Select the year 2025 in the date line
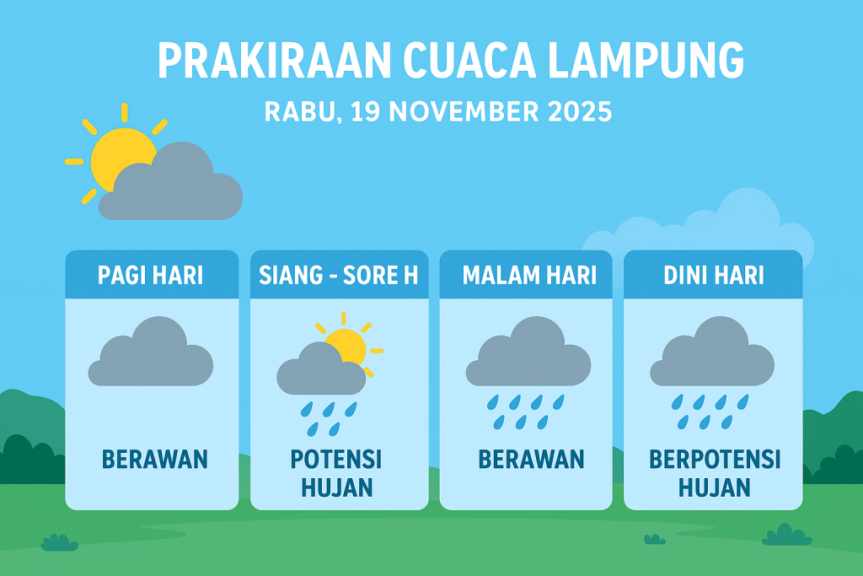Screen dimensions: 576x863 pyautogui.click(x=571, y=111)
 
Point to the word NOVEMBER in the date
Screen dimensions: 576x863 pyautogui.click(x=446, y=111)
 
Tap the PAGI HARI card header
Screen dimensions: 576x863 pyautogui.click(x=151, y=276)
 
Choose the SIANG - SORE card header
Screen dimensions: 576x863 pyautogui.click(x=339, y=276)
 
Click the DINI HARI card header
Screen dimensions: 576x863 pyautogui.click(x=714, y=276)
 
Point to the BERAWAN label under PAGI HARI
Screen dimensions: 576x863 pyautogui.click(x=155, y=460)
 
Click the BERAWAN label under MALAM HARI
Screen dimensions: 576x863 pyautogui.click(x=531, y=460)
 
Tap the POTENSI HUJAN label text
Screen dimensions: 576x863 pyautogui.click(x=336, y=474)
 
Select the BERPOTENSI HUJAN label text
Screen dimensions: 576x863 pyautogui.click(x=715, y=474)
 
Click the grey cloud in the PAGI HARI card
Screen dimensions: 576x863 pyautogui.click(x=151, y=354)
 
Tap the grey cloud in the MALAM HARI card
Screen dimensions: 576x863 pyautogui.click(x=528, y=354)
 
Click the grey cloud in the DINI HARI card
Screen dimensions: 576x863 pyautogui.click(x=712, y=354)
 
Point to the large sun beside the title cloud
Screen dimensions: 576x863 pyautogui.click(x=118, y=156)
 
